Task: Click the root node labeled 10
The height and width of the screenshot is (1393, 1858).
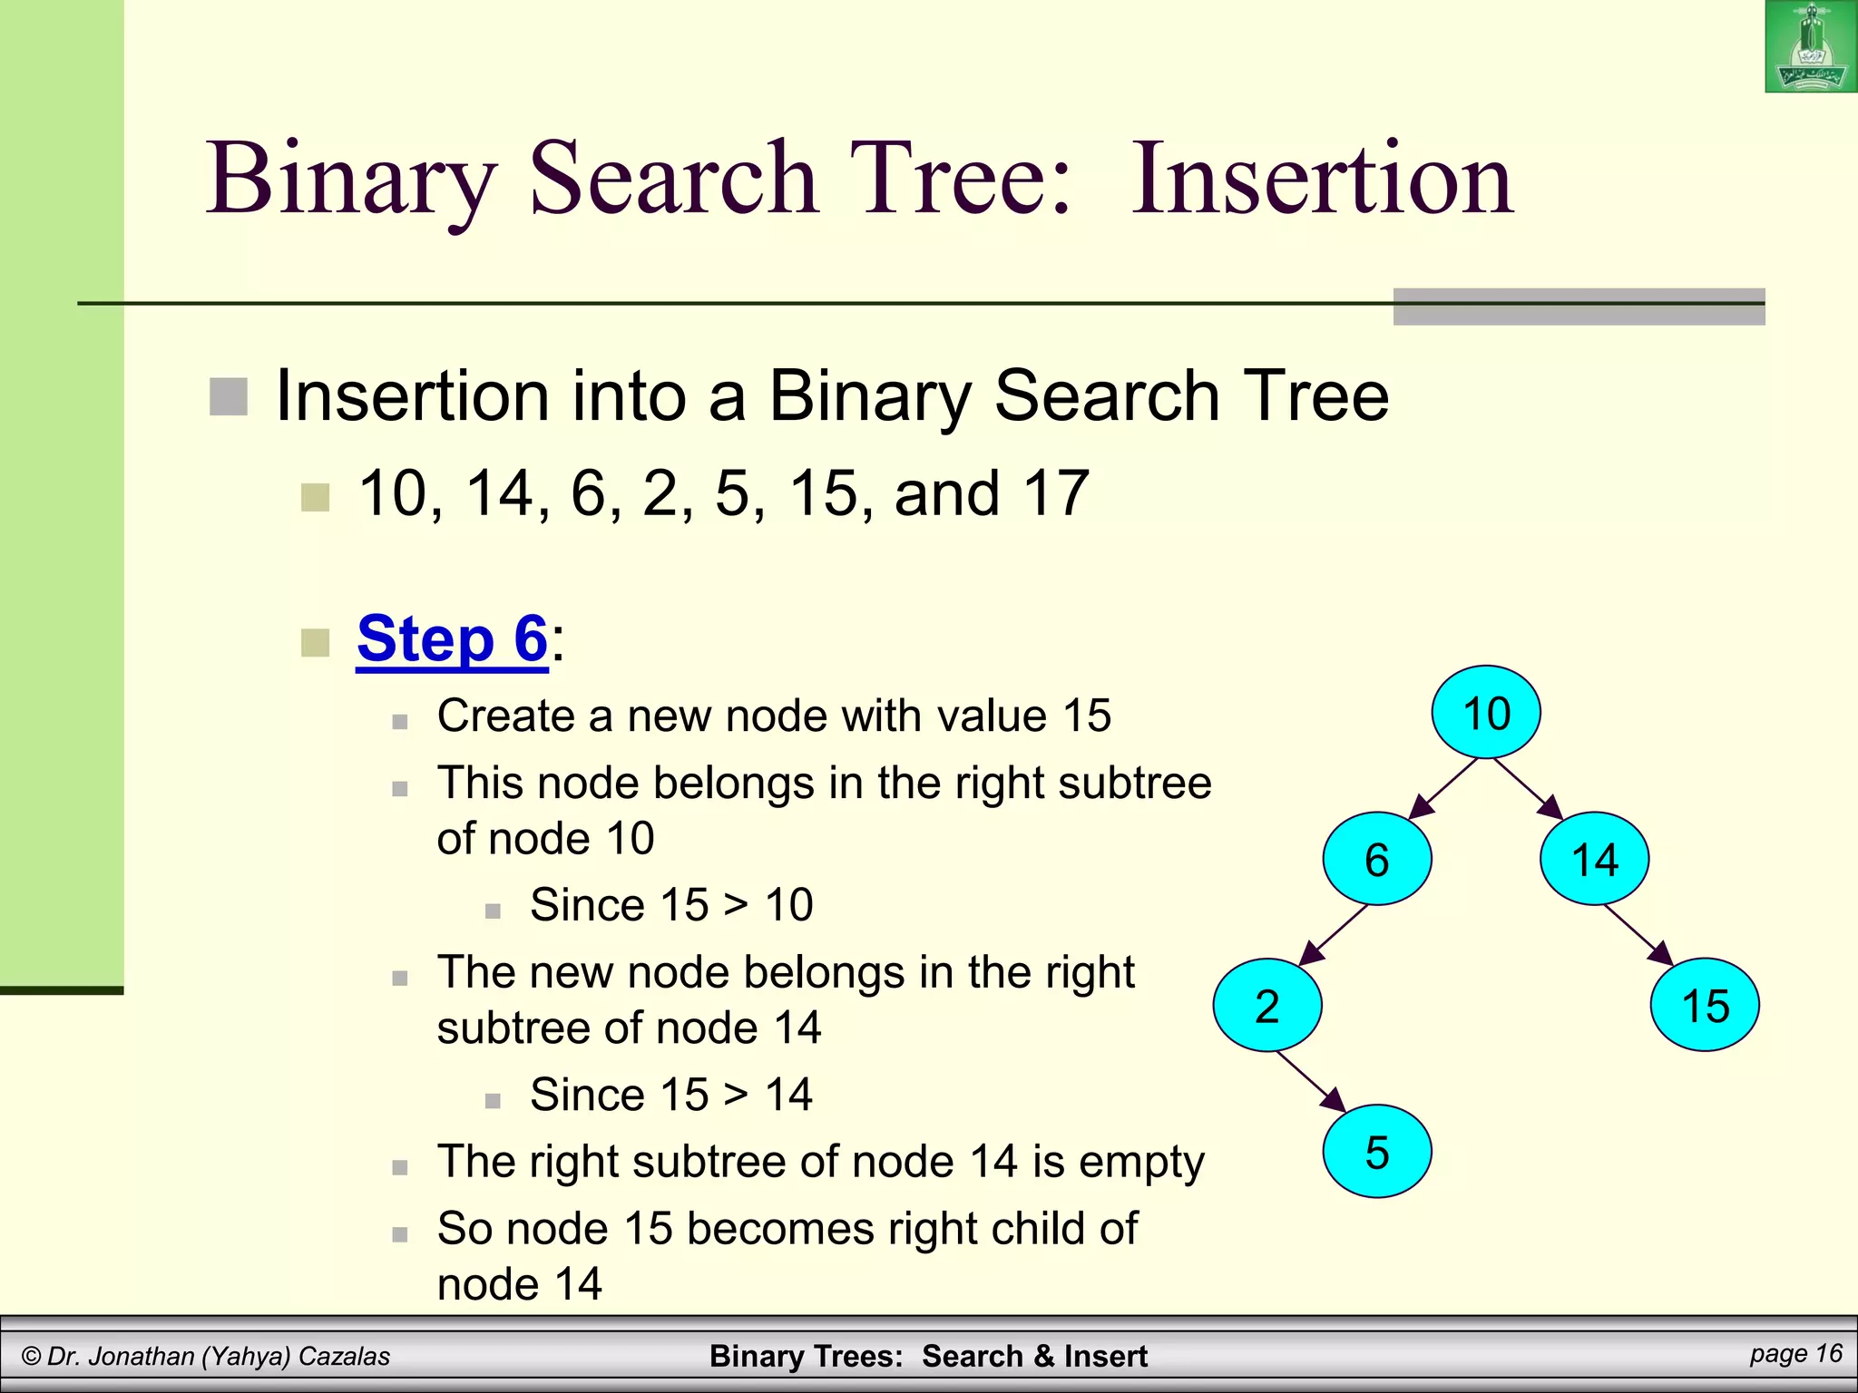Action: (1486, 713)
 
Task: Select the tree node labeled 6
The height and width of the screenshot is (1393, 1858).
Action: (1376, 859)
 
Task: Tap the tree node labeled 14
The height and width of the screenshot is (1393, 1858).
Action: (1594, 859)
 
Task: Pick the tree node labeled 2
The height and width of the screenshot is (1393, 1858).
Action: (1267, 1006)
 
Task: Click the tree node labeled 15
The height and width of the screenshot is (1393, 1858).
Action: (1705, 1006)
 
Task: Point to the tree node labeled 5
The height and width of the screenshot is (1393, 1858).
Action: (1376, 1152)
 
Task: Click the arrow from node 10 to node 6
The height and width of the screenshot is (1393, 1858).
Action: (1442, 788)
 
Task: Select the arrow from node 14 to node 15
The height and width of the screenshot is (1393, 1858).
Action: (1638, 935)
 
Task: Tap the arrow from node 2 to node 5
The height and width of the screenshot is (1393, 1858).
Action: (1312, 1081)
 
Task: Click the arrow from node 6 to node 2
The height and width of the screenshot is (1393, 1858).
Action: (1333, 935)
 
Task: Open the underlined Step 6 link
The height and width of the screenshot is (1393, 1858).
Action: (452, 639)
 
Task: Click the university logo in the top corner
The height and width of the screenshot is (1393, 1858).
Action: (1810, 47)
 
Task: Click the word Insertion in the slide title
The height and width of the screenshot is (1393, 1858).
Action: (1322, 179)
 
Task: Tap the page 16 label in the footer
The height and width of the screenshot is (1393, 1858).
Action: (1795, 1354)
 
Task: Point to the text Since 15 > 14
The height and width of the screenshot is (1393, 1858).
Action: (670, 1095)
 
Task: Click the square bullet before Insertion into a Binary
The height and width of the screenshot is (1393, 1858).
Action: (229, 397)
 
